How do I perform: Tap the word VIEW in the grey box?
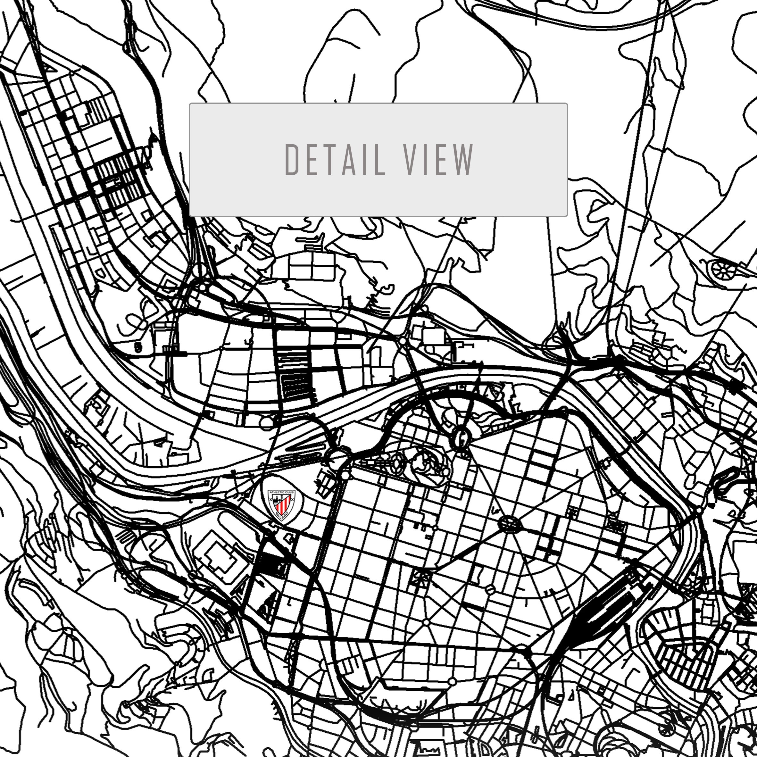(x=438, y=160)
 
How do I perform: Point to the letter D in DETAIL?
(x=292, y=160)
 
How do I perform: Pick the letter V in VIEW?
(x=410, y=160)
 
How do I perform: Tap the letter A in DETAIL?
(x=349, y=160)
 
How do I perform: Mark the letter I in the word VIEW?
(x=426, y=160)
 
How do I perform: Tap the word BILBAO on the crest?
(x=282, y=518)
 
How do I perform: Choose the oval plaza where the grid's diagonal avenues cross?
(x=509, y=524)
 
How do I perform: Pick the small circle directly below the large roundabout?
(x=345, y=475)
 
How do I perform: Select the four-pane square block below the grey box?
(x=312, y=266)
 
